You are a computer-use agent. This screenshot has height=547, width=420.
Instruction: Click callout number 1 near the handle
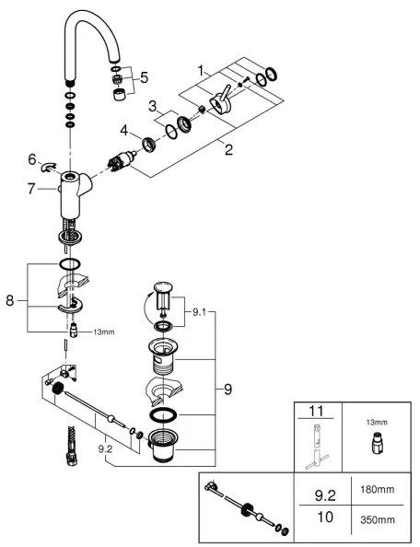[201, 71]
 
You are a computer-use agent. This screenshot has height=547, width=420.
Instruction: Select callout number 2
[228, 150]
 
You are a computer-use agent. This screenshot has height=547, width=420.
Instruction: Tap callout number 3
[153, 107]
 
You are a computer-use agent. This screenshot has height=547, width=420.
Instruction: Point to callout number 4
[124, 131]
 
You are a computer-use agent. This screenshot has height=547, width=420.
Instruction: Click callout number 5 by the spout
[144, 77]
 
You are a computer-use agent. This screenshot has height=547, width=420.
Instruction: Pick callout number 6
[32, 160]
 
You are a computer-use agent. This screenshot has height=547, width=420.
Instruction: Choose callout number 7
[31, 189]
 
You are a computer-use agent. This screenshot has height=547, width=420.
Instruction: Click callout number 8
[10, 300]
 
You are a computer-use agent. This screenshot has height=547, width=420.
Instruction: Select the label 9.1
[199, 312]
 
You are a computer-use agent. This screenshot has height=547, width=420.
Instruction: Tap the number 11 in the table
[316, 412]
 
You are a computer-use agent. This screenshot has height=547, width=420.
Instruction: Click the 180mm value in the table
[378, 489]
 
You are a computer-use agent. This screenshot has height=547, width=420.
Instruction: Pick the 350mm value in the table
[378, 519]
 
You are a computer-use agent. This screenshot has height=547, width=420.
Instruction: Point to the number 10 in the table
[325, 517]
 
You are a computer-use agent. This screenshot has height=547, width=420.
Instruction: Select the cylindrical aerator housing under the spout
[120, 95]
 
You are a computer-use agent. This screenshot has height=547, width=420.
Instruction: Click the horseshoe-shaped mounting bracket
[72, 306]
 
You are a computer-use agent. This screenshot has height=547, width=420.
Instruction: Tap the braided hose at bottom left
[71, 447]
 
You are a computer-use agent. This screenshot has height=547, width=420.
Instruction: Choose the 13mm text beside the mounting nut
[103, 332]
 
